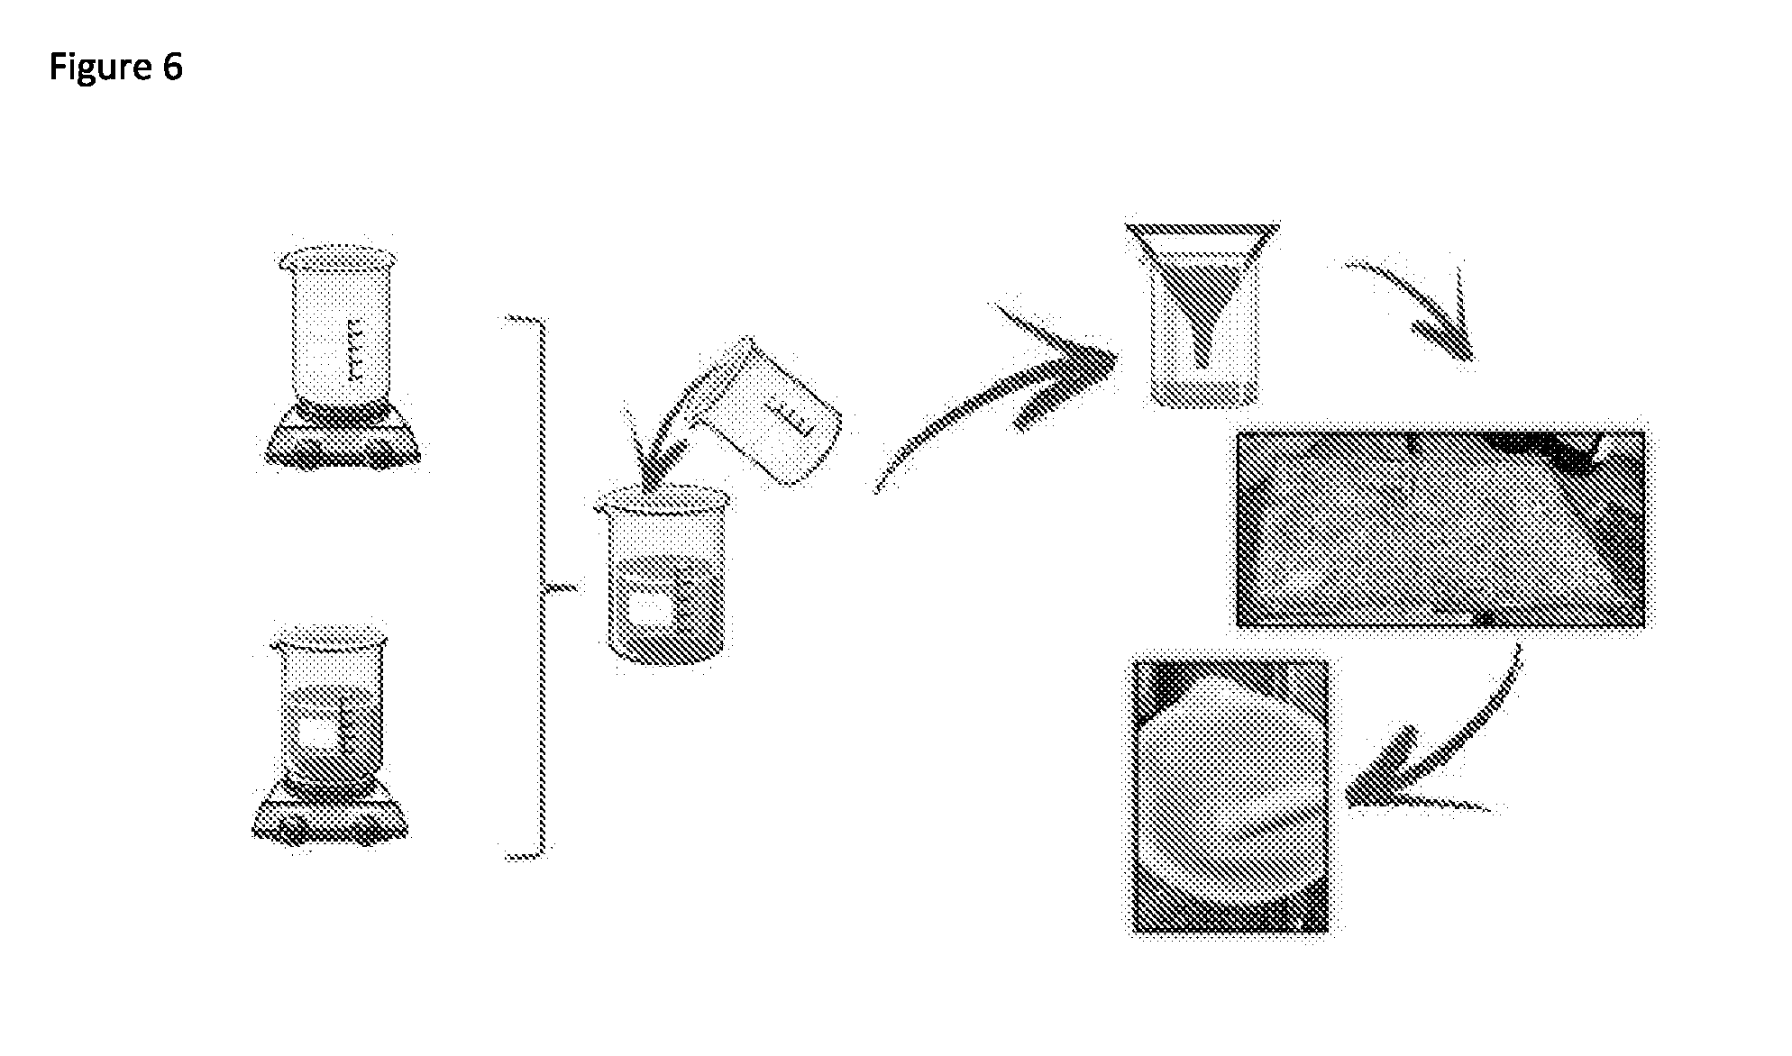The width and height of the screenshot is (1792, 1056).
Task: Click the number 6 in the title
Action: coord(173,67)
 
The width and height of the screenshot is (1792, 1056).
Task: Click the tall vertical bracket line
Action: coord(542,586)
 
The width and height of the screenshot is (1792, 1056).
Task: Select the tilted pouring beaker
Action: coord(771,410)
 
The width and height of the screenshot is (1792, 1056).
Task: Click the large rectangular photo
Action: coord(1441,528)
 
